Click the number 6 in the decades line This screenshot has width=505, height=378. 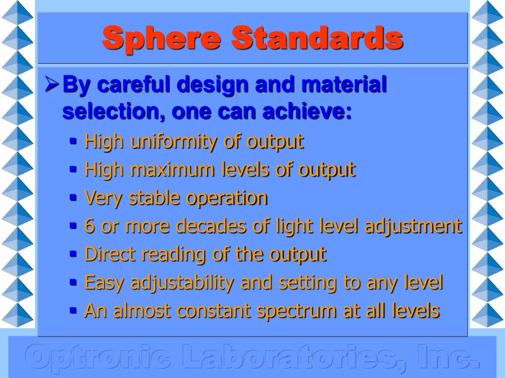[89, 226]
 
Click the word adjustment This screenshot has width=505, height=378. [413, 226]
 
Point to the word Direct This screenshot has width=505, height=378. [110, 254]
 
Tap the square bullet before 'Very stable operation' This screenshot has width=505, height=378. [73, 198]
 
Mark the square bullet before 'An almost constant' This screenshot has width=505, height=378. [73, 311]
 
